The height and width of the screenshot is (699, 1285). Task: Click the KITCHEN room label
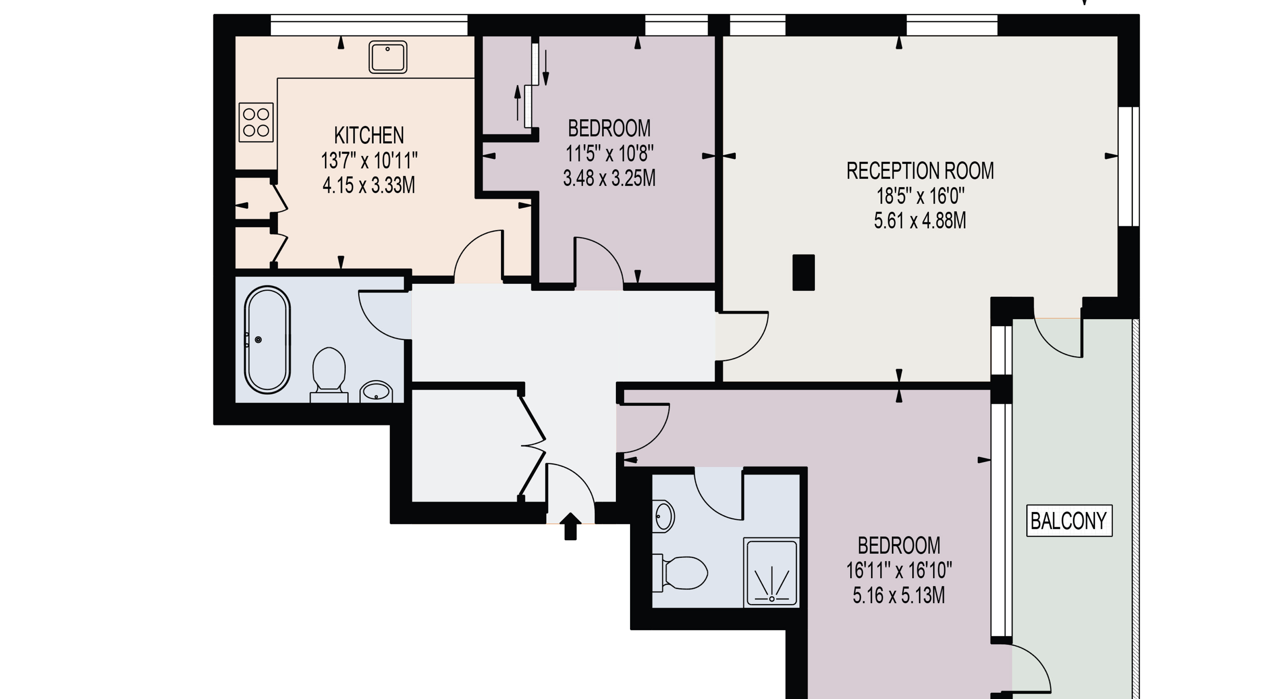point(369,135)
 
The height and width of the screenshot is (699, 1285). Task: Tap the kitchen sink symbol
point(388,57)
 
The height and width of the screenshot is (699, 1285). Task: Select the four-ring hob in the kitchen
point(256,122)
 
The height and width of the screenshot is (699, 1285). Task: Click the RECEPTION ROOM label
point(920,171)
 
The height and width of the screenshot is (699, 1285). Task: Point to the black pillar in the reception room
point(803,272)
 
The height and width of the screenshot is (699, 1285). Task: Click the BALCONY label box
point(1069,520)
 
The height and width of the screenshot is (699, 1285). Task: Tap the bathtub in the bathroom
point(267,340)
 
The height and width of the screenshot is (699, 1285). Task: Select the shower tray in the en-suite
point(772,572)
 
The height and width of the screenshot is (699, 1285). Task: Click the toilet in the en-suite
point(681,573)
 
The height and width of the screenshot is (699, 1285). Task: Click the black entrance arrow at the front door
point(571,526)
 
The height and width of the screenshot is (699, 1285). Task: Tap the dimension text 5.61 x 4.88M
point(920,221)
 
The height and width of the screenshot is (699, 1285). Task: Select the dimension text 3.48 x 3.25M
point(609,178)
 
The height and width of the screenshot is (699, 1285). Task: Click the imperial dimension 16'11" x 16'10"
point(899,571)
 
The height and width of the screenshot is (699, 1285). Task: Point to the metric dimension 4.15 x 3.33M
point(369,185)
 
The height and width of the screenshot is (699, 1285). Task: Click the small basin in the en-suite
point(663,517)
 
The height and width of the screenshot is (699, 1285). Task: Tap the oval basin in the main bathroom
point(376,392)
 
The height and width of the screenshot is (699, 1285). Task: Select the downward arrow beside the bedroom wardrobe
point(546,68)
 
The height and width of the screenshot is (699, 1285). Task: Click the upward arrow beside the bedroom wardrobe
point(517,103)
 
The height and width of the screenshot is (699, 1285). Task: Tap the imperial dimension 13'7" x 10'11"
point(369,160)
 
